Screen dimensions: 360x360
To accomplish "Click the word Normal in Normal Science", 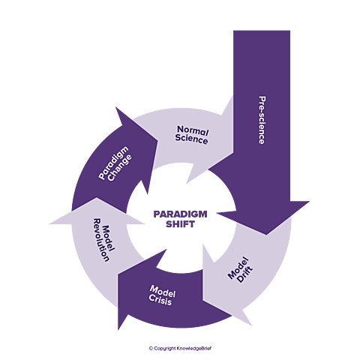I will click(x=192, y=129).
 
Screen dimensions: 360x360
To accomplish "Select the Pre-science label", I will click(x=262, y=120).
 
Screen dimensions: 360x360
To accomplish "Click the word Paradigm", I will click(x=111, y=165).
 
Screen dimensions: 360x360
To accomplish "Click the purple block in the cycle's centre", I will click(x=180, y=215).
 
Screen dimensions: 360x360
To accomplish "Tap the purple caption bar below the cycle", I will click(x=180, y=347).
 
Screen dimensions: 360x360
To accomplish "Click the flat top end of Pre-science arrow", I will click(x=261, y=30).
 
